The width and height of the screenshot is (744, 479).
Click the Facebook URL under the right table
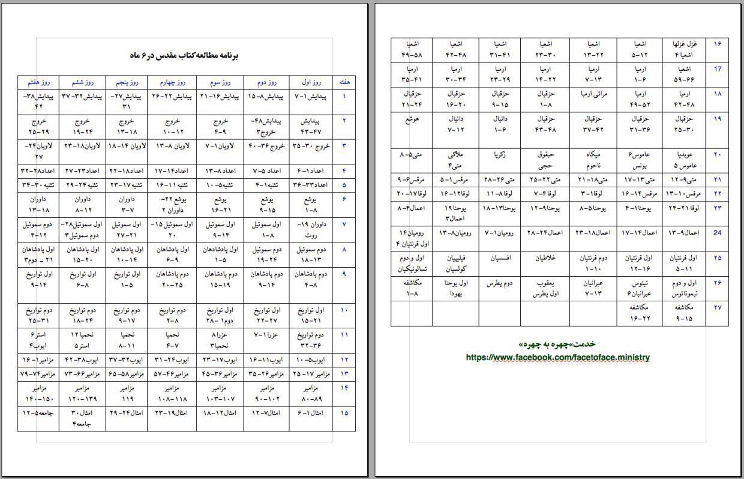click(558, 357)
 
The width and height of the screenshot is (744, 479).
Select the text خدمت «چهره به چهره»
click(558, 345)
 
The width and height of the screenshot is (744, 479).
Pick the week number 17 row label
click(717, 69)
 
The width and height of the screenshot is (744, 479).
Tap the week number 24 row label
click(717, 232)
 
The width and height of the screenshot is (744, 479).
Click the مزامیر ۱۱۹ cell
click(126, 397)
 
